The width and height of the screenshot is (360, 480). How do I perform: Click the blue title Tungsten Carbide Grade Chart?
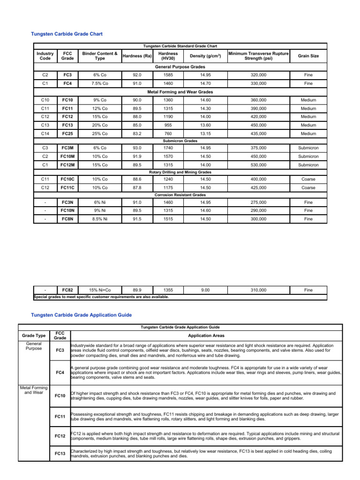[x=67, y=34]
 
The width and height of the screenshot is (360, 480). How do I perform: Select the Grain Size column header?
[x=308, y=56]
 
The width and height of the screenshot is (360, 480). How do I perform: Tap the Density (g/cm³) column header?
[x=205, y=56]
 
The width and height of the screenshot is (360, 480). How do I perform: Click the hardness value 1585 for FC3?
[x=168, y=75]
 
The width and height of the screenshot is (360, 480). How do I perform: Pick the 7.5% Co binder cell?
[x=99, y=83]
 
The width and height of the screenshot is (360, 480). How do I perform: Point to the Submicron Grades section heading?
[x=180, y=140]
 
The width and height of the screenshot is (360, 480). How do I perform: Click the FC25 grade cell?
[x=67, y=134]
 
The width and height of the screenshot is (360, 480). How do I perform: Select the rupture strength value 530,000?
[x=258, y=165]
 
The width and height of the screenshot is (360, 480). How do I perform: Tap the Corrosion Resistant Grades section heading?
[x=180, y=195]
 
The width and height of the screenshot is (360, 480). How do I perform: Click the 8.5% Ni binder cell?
[x=99, y=219]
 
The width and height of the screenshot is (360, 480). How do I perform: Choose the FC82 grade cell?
[x=67, y=290]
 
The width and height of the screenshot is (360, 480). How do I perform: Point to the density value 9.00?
[x=205, y=290]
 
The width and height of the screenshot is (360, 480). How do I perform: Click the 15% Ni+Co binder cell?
[x=99, y=290]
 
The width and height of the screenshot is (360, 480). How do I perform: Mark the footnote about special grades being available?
[x=101, y=297]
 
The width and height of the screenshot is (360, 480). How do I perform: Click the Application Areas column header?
[x=206, y=336]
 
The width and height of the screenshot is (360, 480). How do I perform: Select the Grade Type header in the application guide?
[x=34, y=336]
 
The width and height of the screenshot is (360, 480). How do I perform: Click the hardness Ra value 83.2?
[x=136, y=134]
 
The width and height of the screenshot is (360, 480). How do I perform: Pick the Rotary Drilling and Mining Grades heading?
[x=180, y=172]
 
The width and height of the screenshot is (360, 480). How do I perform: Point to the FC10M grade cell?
[x=67, y=156]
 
